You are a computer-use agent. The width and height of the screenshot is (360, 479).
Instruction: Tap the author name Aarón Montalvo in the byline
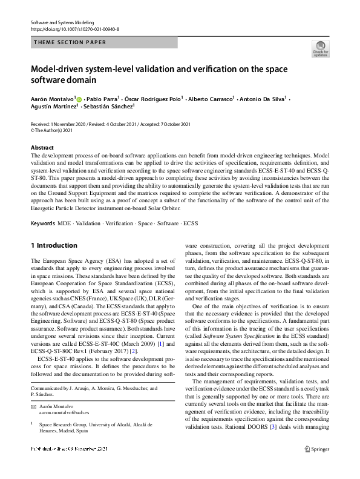click(52, 98)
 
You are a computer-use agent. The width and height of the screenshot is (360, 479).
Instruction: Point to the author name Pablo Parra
click(103, 98)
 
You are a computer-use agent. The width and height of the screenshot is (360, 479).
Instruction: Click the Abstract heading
click(42, 147)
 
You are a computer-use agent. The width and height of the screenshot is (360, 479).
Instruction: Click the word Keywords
click(42, 223)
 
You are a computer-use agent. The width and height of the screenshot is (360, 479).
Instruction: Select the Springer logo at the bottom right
click(316, 449)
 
